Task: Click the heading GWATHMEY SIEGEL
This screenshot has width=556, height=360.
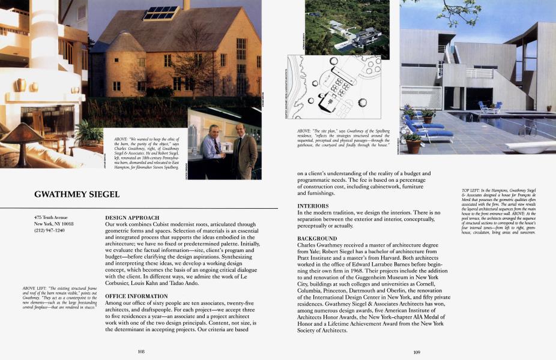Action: click(77, 194)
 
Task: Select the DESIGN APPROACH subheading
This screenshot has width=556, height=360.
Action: click(132, 217)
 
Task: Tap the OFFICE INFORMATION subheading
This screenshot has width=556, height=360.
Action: click(136, 296)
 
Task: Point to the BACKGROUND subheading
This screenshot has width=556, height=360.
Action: click(318, 239)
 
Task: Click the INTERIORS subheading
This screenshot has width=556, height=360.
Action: click(313, 206)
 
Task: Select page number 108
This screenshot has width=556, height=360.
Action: click(142, 352)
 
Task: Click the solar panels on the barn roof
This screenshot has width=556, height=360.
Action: click(161, 13)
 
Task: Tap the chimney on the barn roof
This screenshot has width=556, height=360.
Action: click(186, 5)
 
